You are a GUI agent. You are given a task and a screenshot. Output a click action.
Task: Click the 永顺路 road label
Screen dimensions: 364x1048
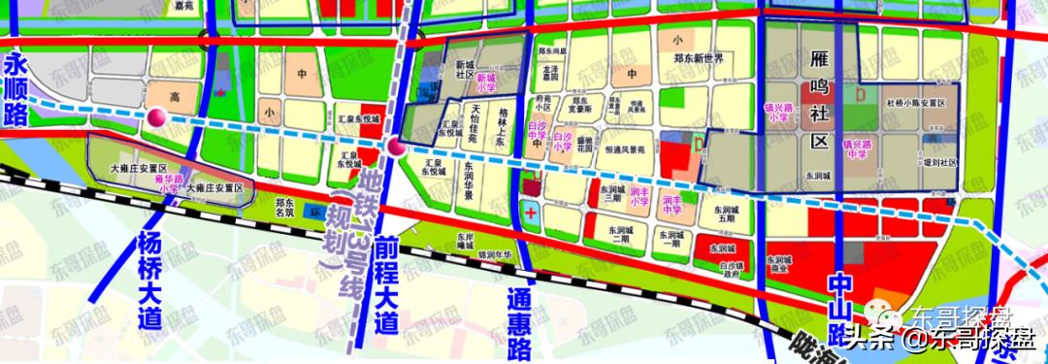click(x=16, y=88)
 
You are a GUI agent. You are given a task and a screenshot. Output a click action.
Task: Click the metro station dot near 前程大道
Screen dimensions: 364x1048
click(x=395, y=148)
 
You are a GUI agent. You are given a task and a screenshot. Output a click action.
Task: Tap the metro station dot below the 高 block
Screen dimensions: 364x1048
click(x=156, y=118)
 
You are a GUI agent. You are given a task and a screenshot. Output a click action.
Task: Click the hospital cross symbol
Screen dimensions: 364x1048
click(x=530, y=211)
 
